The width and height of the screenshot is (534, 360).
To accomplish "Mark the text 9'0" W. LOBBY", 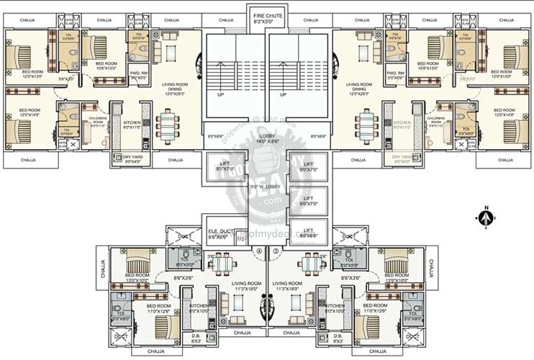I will pos(268,187).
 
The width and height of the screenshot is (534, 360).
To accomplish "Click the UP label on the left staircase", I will pos(220,94).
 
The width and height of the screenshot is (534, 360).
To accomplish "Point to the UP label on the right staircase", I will pos(283,94).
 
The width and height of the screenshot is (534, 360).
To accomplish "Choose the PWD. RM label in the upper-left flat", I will pos(139,74).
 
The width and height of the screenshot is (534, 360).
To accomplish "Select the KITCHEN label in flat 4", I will pos(199,307).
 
